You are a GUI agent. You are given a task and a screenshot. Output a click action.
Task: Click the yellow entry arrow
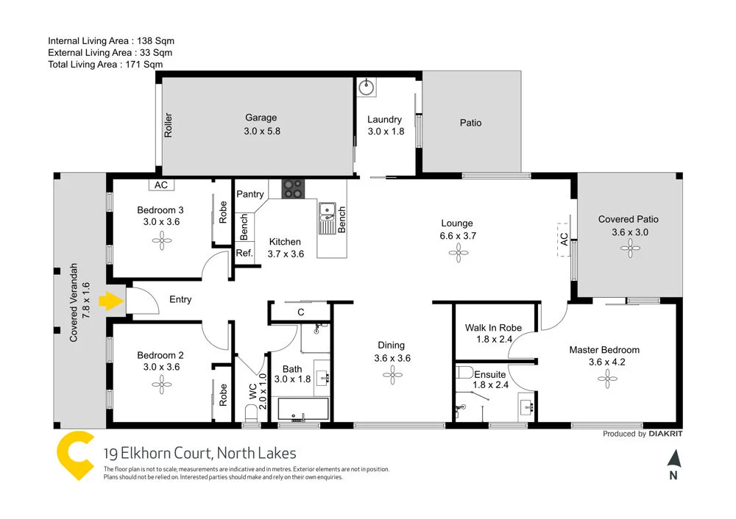[110, 300]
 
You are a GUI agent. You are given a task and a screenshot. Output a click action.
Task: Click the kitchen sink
[326, 217]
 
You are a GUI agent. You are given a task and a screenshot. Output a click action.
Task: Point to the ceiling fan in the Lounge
[457, 254]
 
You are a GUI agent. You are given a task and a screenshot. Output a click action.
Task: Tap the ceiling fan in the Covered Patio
[629, 249]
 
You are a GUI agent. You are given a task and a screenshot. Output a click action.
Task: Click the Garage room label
[261, 118]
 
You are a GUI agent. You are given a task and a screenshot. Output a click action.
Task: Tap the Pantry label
[250, 195]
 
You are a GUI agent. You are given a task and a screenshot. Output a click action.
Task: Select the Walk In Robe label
[493, 328]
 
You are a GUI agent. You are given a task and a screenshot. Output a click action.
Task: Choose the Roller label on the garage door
[169, 126]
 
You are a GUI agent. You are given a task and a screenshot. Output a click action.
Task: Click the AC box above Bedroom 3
[161, 185]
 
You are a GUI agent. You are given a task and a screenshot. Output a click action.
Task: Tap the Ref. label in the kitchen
[244, 253]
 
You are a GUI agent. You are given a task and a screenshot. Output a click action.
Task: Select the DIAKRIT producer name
[668, 434]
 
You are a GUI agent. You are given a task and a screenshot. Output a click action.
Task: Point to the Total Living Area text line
[105, 65]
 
